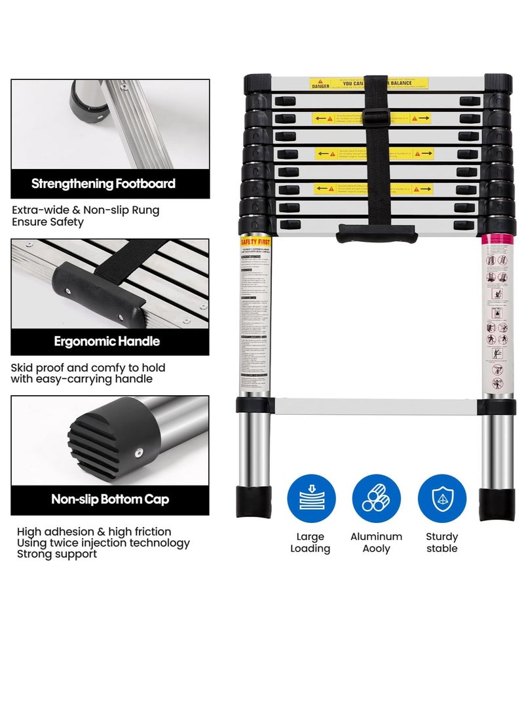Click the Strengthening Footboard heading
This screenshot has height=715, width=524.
(103, 184)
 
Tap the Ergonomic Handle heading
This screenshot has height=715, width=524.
(107, 341)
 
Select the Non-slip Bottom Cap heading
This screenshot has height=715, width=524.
(110, 499)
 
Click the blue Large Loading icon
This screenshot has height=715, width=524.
(311, 498)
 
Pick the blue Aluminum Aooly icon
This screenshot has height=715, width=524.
(377, 498)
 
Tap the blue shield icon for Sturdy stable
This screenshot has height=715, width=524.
(442, 498)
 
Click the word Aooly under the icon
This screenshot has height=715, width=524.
(377, 549)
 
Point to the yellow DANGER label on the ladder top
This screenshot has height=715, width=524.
(322, 85)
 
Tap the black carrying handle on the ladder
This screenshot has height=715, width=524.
(377, 233)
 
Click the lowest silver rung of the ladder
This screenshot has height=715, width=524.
(377, 406)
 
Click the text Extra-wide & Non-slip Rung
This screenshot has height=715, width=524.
(85, 210)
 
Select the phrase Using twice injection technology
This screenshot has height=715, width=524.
(103, 543)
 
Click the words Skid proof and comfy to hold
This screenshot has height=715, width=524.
(88, 368)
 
